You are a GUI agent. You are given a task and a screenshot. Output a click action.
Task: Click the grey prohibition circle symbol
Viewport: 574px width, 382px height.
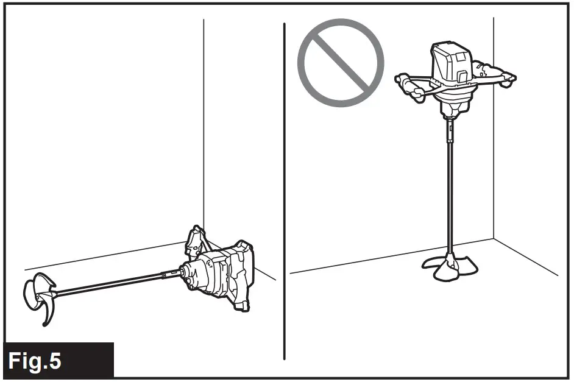341,63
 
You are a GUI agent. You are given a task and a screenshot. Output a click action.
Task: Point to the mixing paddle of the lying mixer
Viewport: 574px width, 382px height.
40,294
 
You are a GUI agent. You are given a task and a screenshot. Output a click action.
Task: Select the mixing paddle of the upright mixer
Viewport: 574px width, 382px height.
451,266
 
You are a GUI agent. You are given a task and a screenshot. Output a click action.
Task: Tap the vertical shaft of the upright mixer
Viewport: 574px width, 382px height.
451,183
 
